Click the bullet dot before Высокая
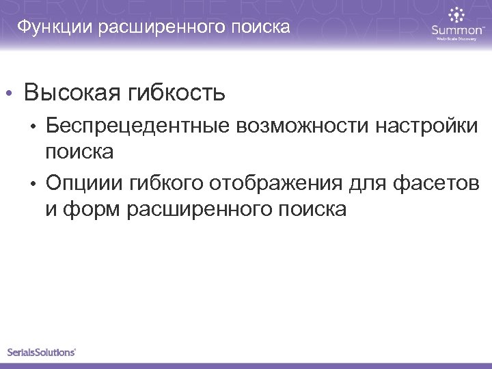click(x=10, y=93)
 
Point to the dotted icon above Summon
click(x=456, y=14)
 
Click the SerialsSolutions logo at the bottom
click(x=41, y=353)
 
